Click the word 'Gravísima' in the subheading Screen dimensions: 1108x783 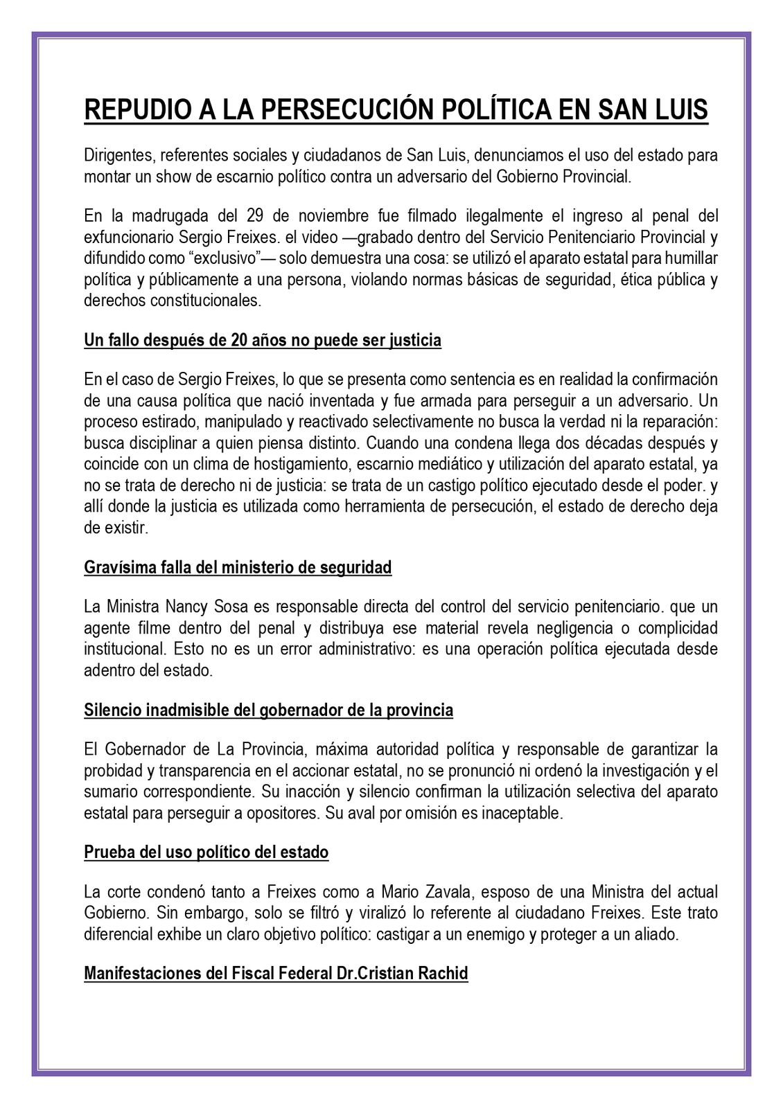[113, 567]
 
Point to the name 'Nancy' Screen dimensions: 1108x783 [182, 607]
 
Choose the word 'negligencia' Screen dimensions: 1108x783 [572, 628]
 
